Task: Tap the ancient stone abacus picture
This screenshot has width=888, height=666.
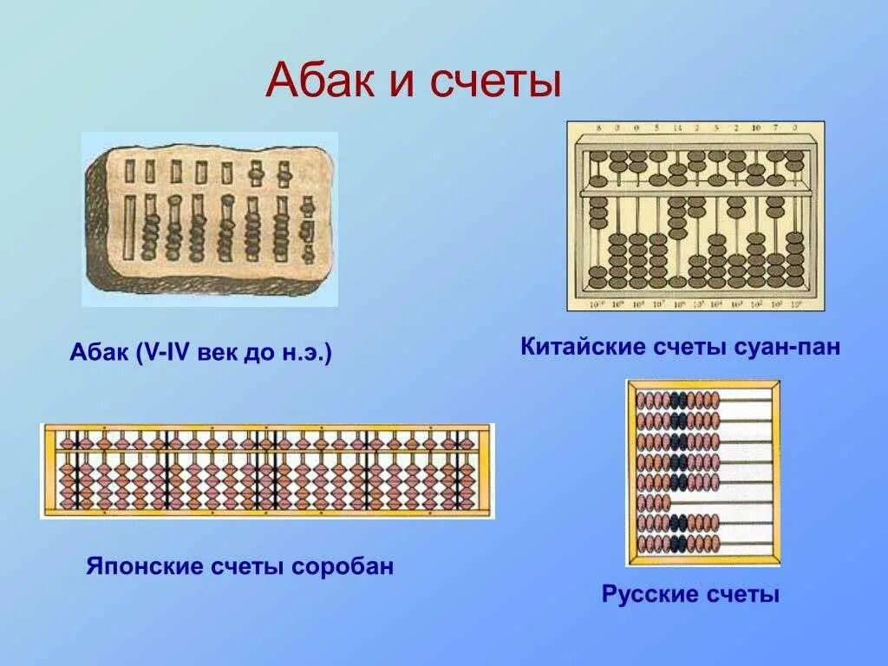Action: (x=209, y=219)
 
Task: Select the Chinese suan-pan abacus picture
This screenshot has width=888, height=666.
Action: (x=695, y=216)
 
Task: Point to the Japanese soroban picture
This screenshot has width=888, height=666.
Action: (x=267, y=471)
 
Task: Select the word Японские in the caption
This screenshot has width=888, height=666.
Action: (x=143, y=566)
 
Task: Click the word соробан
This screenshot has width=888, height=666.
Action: (x=343, y=566)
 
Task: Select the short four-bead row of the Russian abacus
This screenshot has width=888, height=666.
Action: (x=654, y=503)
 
